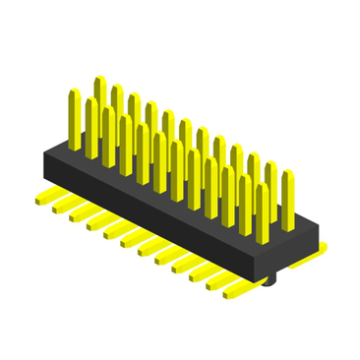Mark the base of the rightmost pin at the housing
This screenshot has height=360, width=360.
(287, 228)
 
